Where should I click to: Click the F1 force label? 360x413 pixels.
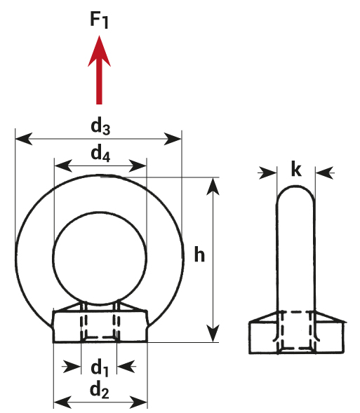coord(99,20)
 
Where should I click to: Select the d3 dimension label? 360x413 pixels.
coord(100,127)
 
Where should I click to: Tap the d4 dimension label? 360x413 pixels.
coord(100,154)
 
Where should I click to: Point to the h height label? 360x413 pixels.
coord(199,254)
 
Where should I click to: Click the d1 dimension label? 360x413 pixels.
coord(100,369)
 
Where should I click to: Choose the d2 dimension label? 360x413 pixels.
coord(100,391)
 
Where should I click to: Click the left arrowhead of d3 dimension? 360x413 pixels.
coord(24,139)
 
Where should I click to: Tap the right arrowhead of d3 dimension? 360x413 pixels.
coord(173,139)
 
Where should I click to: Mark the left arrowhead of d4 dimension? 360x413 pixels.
coord(63,166)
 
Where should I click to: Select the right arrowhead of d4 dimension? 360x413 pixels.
coord(137,166)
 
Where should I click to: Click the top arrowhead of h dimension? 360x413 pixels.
coord(213,187)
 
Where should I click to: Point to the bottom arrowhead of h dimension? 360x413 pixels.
coord(213,334)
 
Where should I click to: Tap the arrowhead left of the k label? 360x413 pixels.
coord(268,172)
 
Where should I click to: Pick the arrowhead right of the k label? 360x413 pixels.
coord(324,172)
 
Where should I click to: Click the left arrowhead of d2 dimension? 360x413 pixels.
coord(62,402)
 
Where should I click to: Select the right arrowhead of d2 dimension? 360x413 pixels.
coord(138,402)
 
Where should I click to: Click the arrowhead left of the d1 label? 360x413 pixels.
coord(72,367)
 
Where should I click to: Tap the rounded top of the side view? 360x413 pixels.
coord(295,187)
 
